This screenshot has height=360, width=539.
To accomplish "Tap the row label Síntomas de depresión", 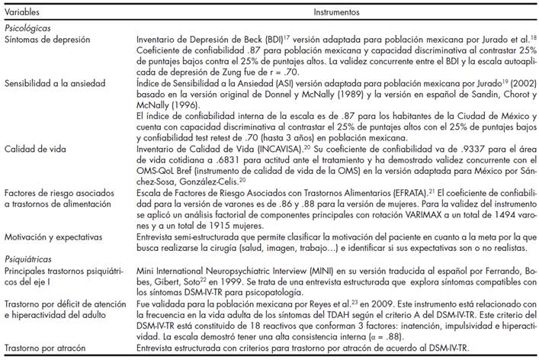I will [44, 38].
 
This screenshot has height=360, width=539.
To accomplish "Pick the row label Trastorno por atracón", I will [45, 348].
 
